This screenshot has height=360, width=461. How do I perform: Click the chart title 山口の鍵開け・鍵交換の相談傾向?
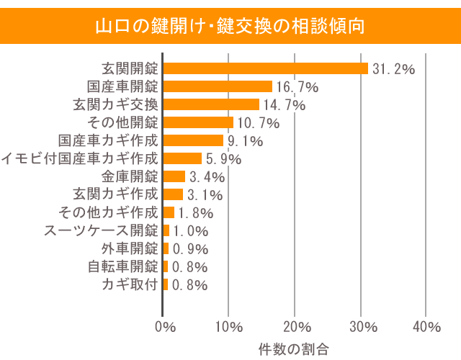(x=230, y=27)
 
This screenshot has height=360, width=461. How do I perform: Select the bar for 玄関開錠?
(x=265, y=68)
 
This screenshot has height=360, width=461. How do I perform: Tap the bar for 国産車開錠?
(x=218, y=86)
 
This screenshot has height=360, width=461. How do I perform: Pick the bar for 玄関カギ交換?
(x=211, y=104)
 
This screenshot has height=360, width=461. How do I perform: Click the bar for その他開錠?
(x=198, y=122)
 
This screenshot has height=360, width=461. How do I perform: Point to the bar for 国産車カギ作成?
(x=193, y=140)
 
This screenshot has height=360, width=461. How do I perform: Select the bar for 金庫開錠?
(x=174, y=176)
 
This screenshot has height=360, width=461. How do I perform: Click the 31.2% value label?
(x=394, y=69)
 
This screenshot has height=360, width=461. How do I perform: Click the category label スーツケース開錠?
(x=101, y=230)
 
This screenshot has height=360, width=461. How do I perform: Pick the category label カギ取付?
(x=130, y=284)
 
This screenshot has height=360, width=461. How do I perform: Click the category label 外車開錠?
(x=130, y=248)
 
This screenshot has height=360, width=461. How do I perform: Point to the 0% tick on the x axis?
(x=165, y=327)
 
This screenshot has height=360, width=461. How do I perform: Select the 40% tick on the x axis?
(x=427, y=327)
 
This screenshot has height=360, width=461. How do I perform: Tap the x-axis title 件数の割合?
(x=294, y=348)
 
